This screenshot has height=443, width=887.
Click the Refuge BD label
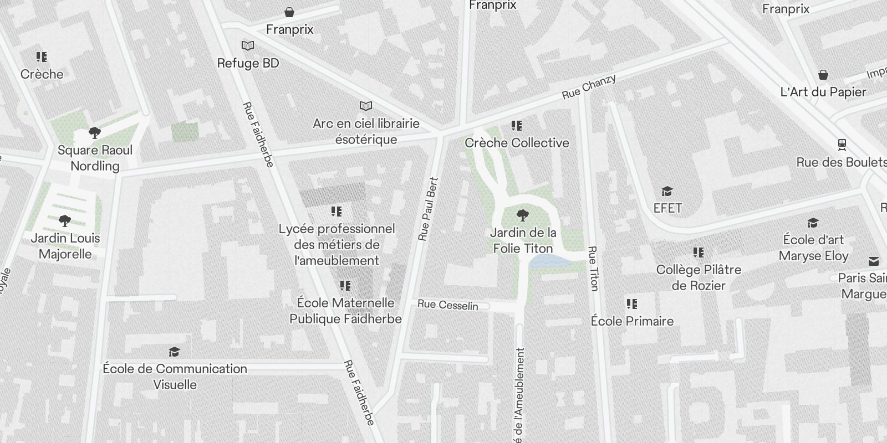tap(248, 63)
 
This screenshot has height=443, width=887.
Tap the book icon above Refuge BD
tap(248, 45)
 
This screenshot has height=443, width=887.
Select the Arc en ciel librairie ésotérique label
tap(366, 131)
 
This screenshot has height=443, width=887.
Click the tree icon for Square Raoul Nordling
tap(95, 133)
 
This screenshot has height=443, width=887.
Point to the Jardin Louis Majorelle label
tap(65, 246)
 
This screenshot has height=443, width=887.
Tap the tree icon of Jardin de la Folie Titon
tap(522, 215)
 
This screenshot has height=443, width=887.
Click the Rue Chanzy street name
tap(589, 87)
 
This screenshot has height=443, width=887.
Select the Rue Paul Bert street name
tap(428, 209)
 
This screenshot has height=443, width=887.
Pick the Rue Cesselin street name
tap(448, 305)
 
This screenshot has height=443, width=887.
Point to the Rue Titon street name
tap(593, 269)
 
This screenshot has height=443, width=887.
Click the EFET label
tap(667, 208)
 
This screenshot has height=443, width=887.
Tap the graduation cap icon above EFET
tap(667, 192)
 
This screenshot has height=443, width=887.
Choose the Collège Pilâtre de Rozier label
tap(699, 277)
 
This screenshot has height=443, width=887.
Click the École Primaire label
tap(632, 321)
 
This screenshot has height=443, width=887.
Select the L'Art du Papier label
tap(823, 92)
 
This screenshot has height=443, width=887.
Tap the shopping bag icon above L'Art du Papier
tap(823, 75)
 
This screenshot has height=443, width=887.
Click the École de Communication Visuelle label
tap(175, 377)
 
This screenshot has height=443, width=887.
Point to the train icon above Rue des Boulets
tap(842, 145)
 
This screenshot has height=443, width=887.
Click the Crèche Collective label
tap(517, 143)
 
